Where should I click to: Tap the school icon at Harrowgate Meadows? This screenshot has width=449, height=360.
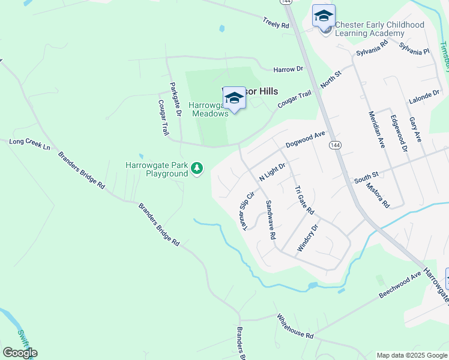234,98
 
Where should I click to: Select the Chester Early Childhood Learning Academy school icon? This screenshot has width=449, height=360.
324,16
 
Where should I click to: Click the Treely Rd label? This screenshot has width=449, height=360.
276,23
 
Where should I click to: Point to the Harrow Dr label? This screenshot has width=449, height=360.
288,70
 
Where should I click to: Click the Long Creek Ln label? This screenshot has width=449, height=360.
29,144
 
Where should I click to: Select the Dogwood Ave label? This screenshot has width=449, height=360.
305,140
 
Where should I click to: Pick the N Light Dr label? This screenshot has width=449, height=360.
271,172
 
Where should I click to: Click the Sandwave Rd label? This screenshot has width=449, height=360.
271,220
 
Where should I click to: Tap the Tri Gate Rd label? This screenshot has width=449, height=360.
304,200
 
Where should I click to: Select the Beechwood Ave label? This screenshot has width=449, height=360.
400,286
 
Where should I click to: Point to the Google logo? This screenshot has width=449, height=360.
20,353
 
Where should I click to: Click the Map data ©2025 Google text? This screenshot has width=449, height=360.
412,355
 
